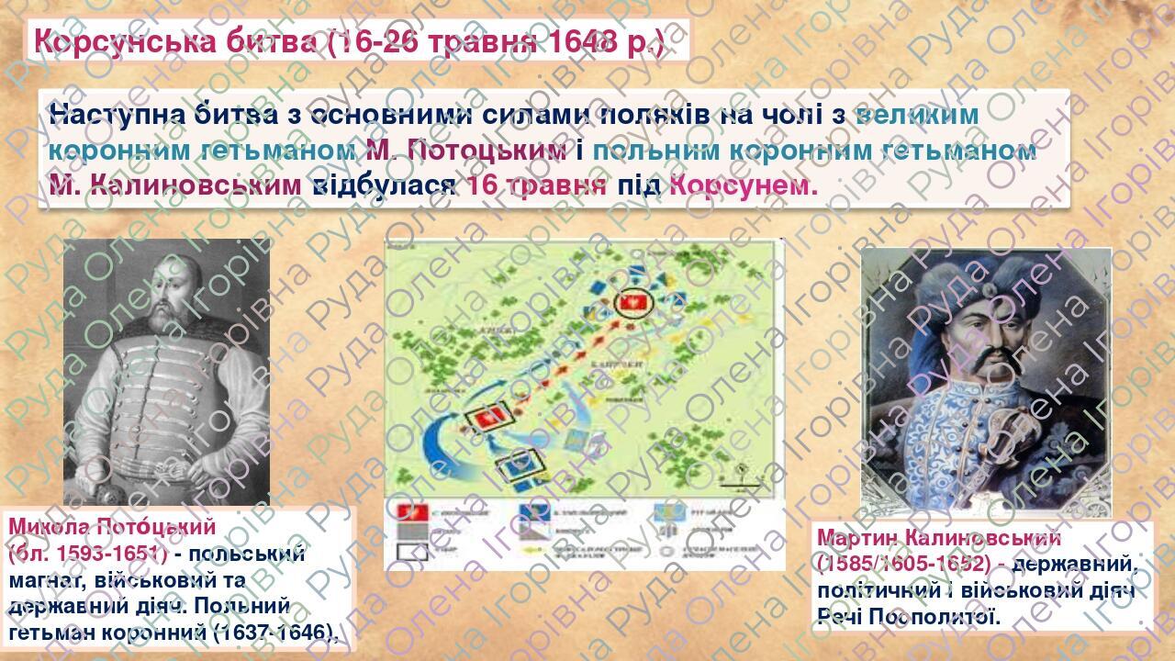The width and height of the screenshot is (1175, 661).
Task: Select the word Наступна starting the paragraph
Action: tap(115, 116)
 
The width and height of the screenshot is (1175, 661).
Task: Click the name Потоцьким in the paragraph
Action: tap(483, 151)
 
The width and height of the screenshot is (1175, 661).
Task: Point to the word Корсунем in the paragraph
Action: tap(743, 185)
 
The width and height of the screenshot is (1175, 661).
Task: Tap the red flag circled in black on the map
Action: tap(630, 302)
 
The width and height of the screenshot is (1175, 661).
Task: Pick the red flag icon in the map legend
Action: tap(405, 511)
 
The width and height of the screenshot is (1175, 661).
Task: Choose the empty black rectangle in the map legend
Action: tap(404, 552)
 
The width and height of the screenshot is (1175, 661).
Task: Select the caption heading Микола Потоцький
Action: tap(112, 527)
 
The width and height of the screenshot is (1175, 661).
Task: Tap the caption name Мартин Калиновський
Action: tap(938, 538)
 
